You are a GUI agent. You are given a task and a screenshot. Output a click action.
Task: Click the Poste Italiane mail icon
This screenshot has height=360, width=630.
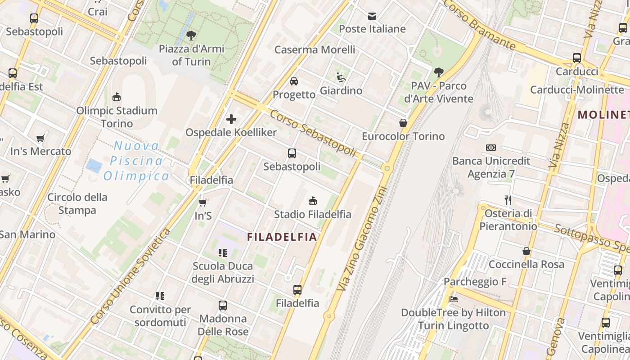coord(372,16)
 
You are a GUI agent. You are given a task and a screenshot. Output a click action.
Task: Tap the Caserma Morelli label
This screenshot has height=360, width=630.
coord(315,49)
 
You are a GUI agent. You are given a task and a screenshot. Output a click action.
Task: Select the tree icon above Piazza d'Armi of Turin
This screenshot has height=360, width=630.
coord(191,36)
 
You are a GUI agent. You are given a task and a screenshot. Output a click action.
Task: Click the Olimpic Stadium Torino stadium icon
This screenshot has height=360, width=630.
coord(117,97)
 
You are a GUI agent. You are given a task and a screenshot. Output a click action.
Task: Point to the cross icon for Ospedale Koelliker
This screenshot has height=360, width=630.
coord(231,119)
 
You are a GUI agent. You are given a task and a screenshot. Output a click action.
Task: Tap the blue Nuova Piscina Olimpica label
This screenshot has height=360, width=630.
coord(137,161)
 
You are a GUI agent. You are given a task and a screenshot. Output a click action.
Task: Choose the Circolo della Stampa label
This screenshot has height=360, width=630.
coord(77,203)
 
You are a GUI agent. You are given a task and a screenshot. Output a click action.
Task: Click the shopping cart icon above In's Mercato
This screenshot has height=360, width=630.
coord(40,138)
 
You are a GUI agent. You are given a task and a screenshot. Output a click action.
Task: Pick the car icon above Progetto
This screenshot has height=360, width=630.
coord(294,81)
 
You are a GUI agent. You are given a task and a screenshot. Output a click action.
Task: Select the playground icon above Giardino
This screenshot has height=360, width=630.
coord(341,77)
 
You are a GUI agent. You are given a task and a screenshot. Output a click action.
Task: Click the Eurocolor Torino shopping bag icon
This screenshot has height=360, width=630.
coord(403,123)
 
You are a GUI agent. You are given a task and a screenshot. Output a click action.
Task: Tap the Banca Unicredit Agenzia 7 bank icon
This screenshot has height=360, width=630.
coord(491,148)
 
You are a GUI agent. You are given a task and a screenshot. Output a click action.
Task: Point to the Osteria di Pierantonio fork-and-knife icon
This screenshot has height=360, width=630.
coord(508,200)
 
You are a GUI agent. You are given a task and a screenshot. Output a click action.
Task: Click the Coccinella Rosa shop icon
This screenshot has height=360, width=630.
coord(526,251)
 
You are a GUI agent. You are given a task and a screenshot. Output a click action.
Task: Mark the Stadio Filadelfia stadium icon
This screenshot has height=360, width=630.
coord(313,201)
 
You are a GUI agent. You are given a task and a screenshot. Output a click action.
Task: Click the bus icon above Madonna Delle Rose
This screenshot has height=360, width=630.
coord(223,306)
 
